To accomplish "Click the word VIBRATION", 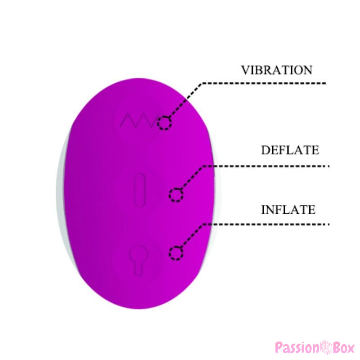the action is [277, 70].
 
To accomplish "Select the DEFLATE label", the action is [290, 150].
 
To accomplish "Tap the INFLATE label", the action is [288, 210].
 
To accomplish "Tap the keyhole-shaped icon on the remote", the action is [138, 260].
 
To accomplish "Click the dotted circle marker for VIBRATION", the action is [164, 123].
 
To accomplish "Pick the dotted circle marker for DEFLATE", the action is [176, 195].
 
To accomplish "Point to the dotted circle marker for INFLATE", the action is [176, 253].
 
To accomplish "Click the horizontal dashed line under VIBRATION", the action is [264, 83].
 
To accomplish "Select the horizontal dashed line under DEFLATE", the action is [266, 166].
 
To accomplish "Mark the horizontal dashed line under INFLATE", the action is [266, 224].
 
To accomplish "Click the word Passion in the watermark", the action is [297, 347].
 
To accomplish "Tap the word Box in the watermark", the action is [344, 347].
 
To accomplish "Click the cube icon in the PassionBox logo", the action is [326, 347].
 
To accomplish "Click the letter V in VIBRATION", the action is [245, 70].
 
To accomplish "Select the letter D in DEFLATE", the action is [265, 150].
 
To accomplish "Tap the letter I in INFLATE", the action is [264, 210].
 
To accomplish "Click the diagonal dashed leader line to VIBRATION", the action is [185, 100].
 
